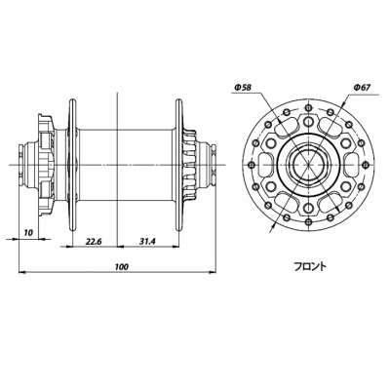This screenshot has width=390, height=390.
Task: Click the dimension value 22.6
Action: pyautogui.click(x=95, y=241)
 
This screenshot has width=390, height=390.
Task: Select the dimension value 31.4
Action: pyautogui.click(x=148, y=241)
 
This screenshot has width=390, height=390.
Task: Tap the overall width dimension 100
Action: pyautogui.click(x=122, y=267)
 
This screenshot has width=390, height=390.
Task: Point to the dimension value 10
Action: pyautogui.click(x=28, y=232)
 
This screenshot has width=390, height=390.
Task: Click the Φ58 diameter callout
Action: pyautogui.click(x=243, y=87)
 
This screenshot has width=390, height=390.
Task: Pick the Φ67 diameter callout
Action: pyautogui.click(x=362, y=87)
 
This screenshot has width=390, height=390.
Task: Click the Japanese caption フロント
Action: pyautogui.click(x=310, y=267)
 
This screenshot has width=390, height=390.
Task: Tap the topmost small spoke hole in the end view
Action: pyautogui.click(x=308, y=106)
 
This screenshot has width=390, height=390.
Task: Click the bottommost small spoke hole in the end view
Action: pyautogui.click(x=308, y=222)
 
